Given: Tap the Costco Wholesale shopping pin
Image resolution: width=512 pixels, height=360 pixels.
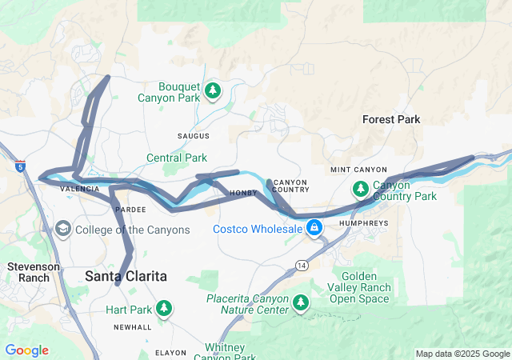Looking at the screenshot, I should pyautogui.click(x=315, y=229).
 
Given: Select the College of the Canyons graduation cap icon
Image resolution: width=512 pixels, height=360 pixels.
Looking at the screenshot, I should pyautogui.click(x=62, y=230).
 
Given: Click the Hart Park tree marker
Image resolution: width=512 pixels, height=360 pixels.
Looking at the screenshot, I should pyautogui.click(x=164, y=308).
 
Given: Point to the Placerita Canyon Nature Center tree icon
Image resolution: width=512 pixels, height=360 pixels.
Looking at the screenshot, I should pyautogui.click(x=301, y=302).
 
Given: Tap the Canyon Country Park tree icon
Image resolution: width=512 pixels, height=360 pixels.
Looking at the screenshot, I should pyautogui.click(x=361, y=189).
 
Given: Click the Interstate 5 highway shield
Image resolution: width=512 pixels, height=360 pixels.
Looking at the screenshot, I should pyautogui.click(x=19, y=167).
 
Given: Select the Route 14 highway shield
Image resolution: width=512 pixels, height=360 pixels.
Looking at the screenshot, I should pyautogui.click(x=301, y=265).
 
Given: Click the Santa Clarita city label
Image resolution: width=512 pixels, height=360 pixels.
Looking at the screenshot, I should pyautogui.click(x=126, y=276).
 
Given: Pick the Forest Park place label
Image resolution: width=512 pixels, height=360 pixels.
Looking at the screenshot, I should pyautogui.click(x=391, y=119).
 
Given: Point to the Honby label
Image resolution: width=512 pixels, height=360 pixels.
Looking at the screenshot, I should pyautogui.click(x=243, y=193).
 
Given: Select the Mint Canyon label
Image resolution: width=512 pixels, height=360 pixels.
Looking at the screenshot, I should pyautogui.click(x=358, y=170).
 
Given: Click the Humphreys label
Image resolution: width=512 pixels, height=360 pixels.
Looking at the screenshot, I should pyautogui.click(x=369, y=223).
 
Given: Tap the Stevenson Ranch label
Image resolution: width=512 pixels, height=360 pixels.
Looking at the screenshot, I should pyautogui.click(x=29, y=272).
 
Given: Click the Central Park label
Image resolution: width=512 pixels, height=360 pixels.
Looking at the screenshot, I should pyautogui.click(x=177, y=158).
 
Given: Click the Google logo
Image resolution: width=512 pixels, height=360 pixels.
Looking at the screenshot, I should pyautogui.click(x=26, y=350).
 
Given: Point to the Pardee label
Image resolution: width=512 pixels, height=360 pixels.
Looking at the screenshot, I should pyautogui.click(x=130, y=209).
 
